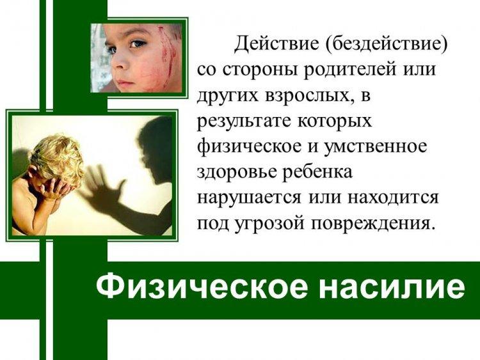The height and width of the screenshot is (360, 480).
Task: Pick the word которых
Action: tap(335, 121)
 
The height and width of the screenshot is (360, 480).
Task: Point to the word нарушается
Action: tap(249, 198)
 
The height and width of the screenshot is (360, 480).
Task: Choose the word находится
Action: tap(394, 198)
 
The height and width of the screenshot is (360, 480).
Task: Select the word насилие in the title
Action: tap(392, 288)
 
